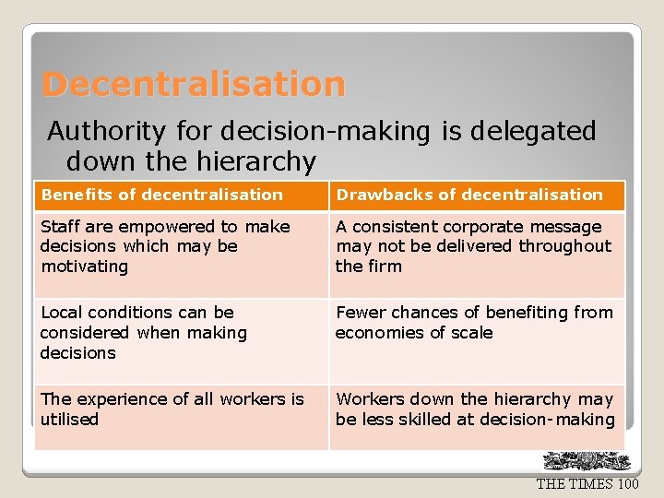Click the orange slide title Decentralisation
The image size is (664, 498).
[194, 85]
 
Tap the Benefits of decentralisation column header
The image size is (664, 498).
[162, 195]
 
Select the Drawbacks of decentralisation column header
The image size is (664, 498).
[468, 195]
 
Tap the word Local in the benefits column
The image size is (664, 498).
[62, 313]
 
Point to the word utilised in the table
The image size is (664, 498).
[69, 420]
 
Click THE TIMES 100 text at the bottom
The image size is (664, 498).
[587, 484]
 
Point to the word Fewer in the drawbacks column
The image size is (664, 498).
[358, 313]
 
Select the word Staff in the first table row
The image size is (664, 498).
[60, 227]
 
